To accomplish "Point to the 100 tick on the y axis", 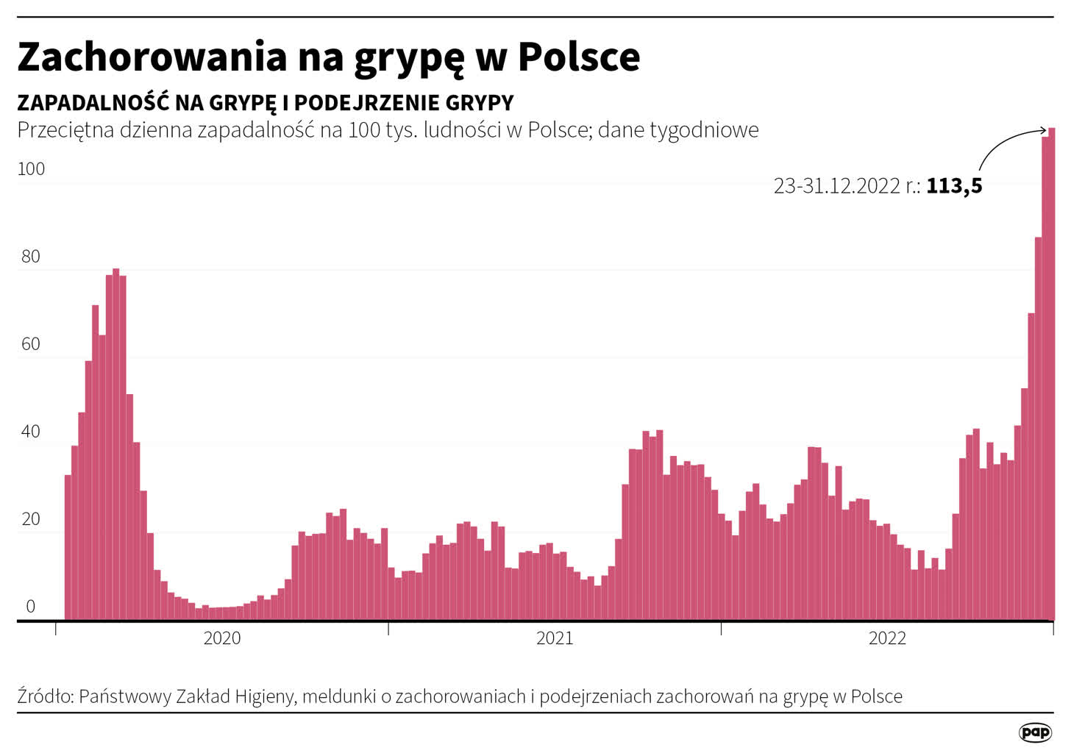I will coord(31,169).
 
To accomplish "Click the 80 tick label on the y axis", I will coord(31,257).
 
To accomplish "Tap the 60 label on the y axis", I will coord(31,344).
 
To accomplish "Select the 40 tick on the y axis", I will coord(31,432).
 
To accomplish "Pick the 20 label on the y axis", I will coord(31,519).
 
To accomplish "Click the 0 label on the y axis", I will coord(31,607).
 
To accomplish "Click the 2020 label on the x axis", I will coord(222,638).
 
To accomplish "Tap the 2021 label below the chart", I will coord(555,638).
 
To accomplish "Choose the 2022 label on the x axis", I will coord(887,638).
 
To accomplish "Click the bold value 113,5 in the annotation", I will coord(954,186).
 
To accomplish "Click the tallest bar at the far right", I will coord(1052,368).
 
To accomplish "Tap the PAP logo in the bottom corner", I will coord(1036,732).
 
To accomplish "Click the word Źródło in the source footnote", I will coord(44,696).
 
